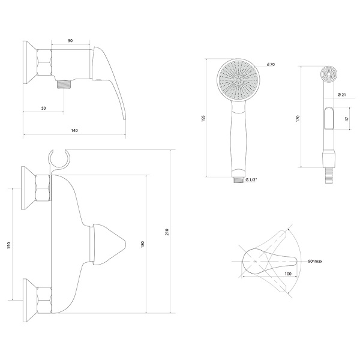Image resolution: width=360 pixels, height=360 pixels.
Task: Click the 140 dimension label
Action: (x=74, y=130)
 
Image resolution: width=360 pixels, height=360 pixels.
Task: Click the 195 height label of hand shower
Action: (x=204, y=118)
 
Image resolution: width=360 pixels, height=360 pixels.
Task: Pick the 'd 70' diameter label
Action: (x=270, y=65)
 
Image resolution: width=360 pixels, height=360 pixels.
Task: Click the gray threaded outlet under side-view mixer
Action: (x=61, y=86)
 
